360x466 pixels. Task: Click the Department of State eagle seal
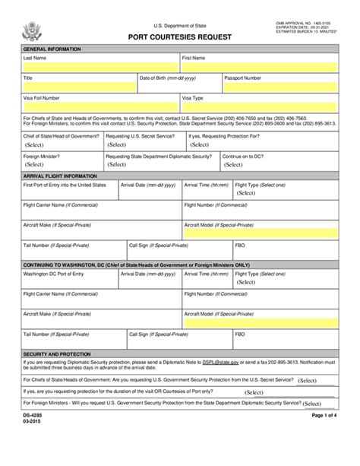(32, 32)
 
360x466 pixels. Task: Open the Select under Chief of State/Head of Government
(35, 144)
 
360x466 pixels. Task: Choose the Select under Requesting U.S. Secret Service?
(118, 144)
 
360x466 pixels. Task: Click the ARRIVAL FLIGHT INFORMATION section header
(61, 176)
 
